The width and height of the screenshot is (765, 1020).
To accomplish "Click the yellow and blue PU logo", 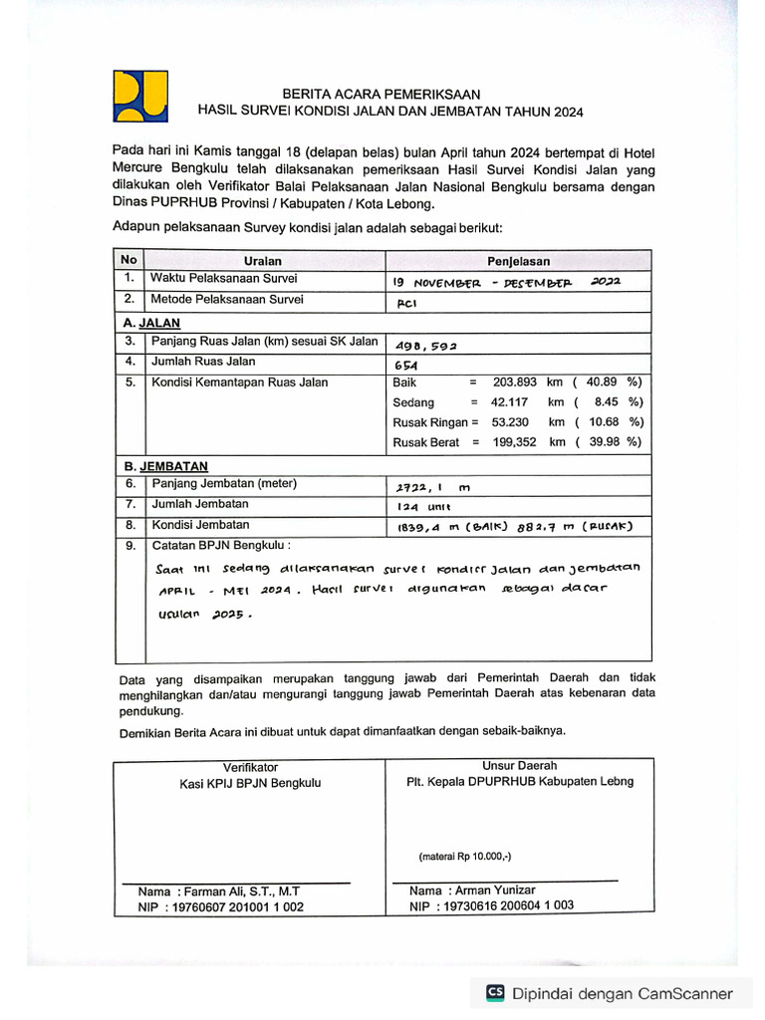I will click(x=140, y=97).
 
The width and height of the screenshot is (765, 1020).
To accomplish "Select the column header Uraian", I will click(x=262, y=261).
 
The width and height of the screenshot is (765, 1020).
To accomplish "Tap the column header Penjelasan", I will click(x=518, y=261).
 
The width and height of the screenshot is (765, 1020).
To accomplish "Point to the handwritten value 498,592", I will click(x=426, y=346).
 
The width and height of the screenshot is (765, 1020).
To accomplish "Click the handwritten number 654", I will click(x=407, y=366).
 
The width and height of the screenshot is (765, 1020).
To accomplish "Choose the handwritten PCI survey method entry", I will click(x=406, y=303).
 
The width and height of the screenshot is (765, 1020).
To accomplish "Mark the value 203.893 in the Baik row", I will click(x=515, y=382).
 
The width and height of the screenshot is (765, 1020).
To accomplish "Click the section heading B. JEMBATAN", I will click(x=165, y=466).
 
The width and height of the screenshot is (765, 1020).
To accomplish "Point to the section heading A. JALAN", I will click(x=151, y=324).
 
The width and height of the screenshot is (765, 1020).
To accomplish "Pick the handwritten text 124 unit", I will click(x=424, y=507).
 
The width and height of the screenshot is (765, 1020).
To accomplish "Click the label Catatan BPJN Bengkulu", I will click(x=220, y=546).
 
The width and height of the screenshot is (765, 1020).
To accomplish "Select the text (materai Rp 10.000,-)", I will click(x=465, y=856).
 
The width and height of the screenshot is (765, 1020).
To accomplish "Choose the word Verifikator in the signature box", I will click(x=250, y=767).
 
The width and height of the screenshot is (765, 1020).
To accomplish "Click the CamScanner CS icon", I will click(x=495, y=992).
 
